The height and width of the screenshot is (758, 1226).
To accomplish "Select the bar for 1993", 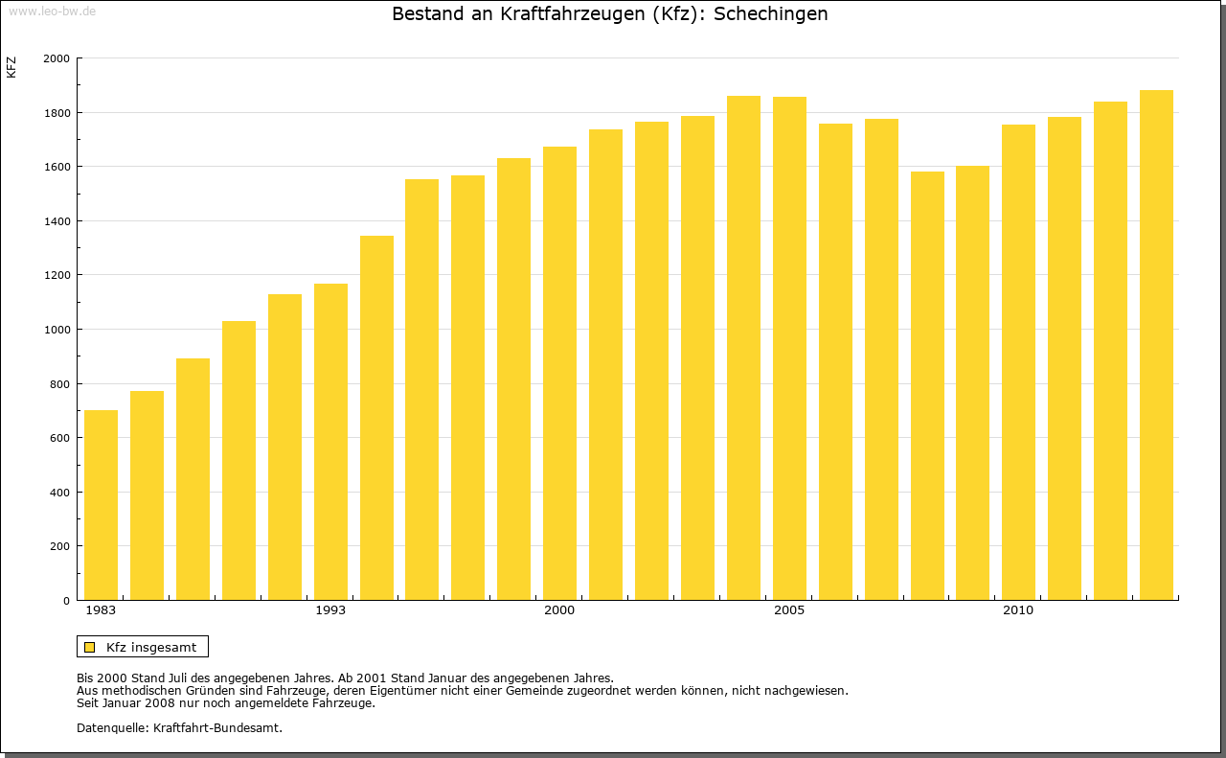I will pyautogui.click(x=330, y=442).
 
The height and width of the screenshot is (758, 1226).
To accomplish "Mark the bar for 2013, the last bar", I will pyautogui.click(x=1156, y=345).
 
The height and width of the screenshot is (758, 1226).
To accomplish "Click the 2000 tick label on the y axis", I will pyautogui.click(x=57, y=58).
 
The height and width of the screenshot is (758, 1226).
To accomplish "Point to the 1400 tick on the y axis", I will pyautogui.click(x=57, y=221).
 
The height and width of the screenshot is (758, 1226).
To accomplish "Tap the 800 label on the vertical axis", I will pyautogui.click(x=60, y=384).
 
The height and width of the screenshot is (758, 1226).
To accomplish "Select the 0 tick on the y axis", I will pyautogui.click(x=66, y=601).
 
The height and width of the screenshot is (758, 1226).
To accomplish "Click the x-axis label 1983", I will pyautogui.click(x=101, y=610).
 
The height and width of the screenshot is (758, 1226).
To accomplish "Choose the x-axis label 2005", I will pyautogui.click(x=789, y=610).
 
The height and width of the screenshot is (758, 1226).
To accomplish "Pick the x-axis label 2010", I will pyautogui.click(x=1018, y=610).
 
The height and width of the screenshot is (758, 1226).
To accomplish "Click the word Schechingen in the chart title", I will pyautogui.click(x=770, y=14).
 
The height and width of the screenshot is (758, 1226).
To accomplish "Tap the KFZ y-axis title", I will pyautogui.click(x=11, y=67).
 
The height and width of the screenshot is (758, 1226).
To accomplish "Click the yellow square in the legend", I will pyautogui.click(x=89, y=647).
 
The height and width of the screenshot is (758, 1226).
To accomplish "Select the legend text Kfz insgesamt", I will pyautogui.click(x=151, y=647).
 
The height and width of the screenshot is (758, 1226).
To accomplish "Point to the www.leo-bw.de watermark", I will pyautogui.click(x=52, y=10).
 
